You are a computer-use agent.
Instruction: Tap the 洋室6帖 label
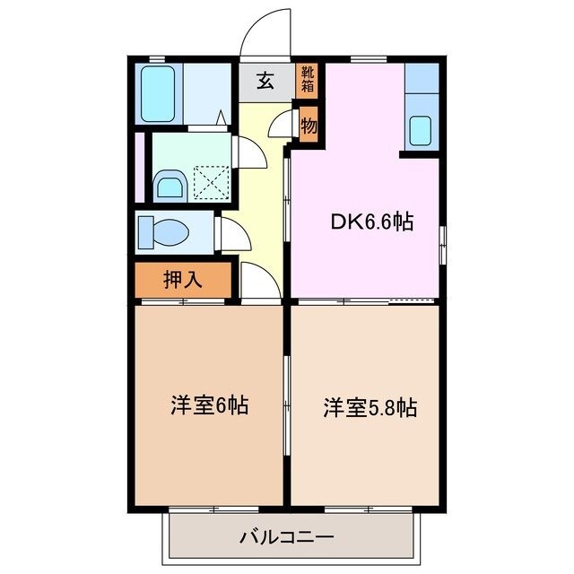[209, 405]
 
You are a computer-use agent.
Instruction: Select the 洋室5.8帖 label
[370, 408]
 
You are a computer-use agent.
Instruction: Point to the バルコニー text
[286, 538]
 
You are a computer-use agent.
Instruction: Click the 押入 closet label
[183, 279]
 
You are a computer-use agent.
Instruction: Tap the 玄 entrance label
[265, 81]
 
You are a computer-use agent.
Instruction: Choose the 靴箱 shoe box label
[308, 80]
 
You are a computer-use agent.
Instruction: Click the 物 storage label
[309, 126]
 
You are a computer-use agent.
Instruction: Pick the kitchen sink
[420, 131]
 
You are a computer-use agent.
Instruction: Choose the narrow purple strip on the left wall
[139, 168]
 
